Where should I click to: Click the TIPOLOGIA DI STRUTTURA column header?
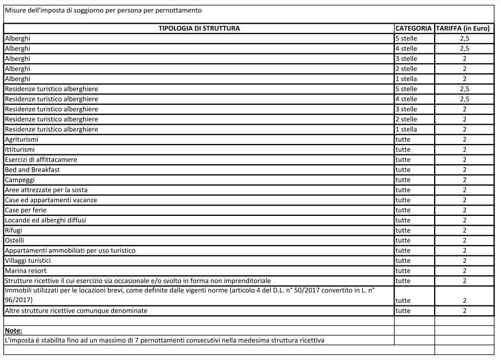click(x=199, y=28)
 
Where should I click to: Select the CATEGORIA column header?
click(x=414, y=28)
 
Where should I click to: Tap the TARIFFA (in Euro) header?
click(x=464, y=28)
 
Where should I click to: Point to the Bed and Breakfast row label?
click(x=32, y=169)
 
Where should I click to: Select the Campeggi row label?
click(x=19, y=180)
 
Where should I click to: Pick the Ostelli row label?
click(x=15, y=240)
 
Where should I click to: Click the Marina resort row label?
click(x=25, y=270)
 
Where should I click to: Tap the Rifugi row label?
click(x=13, y=230)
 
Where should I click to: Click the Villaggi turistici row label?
click(x=28, y=260)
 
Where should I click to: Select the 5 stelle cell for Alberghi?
click(x=406, y=38)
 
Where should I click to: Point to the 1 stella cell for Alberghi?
click(x=406, y=79)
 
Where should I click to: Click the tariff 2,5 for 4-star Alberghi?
click(x=464, y=49)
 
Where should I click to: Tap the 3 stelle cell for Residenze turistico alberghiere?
click(x=406, y=109)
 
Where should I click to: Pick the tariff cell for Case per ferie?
click(x=464, y=210)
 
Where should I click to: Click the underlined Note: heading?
click(x=13, y=330)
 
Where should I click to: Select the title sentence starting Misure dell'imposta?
click(x=103, y=10)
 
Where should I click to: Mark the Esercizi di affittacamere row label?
click(x=41, y=160)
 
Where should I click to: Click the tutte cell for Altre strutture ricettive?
click(x=403, y=311)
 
